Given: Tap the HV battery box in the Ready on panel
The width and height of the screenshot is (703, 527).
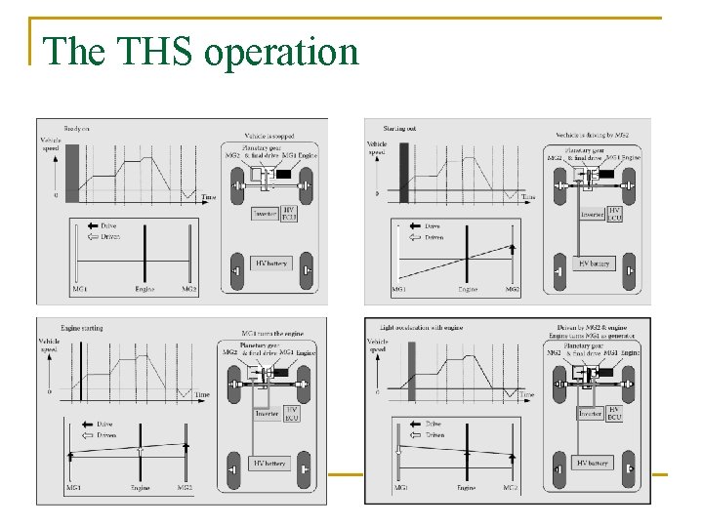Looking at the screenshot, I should coord(271,263).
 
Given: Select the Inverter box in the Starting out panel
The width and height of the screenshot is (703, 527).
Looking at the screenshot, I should coord(593,214).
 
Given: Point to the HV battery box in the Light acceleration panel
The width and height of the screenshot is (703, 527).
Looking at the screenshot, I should coord(594,463).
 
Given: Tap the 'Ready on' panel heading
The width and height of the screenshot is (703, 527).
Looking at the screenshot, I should coord(77,128).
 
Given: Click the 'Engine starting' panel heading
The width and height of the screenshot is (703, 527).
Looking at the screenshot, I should coord(81,328).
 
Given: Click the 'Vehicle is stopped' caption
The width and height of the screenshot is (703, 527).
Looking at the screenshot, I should coord(272,136).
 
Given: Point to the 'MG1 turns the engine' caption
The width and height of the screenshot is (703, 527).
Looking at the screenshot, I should coord(274,334).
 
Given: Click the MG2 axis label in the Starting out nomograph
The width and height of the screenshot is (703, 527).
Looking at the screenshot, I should coord(512,290).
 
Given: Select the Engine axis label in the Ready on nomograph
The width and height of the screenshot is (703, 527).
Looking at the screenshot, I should coord(145,290).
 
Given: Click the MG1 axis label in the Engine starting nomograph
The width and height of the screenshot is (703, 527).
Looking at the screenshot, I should coord(73,487).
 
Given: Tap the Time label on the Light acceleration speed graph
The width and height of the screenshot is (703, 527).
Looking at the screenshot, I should coord(526,394).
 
